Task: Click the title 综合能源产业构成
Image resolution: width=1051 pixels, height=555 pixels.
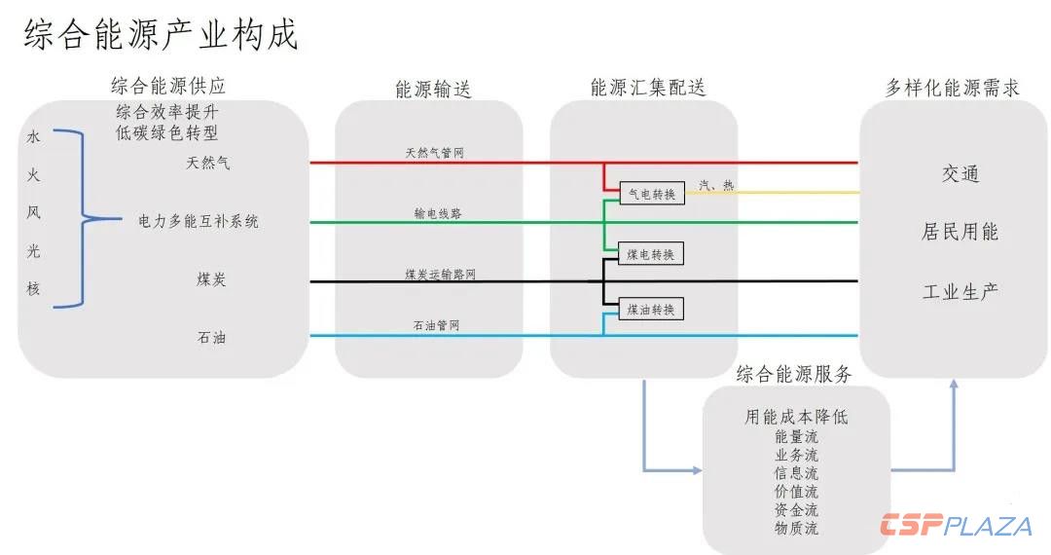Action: pyautogui.click(x=161, y=35)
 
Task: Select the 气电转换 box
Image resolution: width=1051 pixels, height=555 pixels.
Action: pyautogui.click(x=651, y=193)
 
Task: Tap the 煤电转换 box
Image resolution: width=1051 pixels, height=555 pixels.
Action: pyautogui.click(x=651, y=254)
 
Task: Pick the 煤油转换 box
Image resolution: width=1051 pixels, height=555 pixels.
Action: pyautogui.click(x=651, y=310)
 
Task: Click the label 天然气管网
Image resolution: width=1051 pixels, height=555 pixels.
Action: pyautogui.click(x=434, y=153)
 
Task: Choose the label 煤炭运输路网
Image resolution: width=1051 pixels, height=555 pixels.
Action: pyautogui.click(x=441, y=275)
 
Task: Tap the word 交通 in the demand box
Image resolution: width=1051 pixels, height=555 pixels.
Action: pyautogui.click(x=960, y=174)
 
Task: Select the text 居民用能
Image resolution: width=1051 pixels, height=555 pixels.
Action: pyautogui.click(x=960, y=233)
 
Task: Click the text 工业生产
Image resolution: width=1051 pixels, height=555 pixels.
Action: pyautogui.click(x=960, y=291)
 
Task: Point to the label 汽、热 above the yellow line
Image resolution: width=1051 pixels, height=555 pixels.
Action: pyautogui.click(x=717, y=185)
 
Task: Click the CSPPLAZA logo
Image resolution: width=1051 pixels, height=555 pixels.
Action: pyautogui.click(x=956, y=526)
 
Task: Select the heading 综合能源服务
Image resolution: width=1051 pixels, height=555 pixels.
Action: pyautogui.click(x=794, y=374)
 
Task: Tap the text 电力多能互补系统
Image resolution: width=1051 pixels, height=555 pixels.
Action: pyautogui.click(x=199, y=221)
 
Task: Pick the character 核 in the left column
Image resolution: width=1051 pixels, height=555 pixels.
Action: pyautogui.click(x=34, y=288)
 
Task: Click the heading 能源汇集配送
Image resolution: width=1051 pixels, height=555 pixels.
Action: pyautogui.click(x=648, y=88)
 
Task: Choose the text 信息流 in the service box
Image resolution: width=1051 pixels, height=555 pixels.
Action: pyautogui.click(x=796, y=473)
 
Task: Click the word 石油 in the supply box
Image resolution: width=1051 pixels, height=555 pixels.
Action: pyautogui.click(x=212, y=339)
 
